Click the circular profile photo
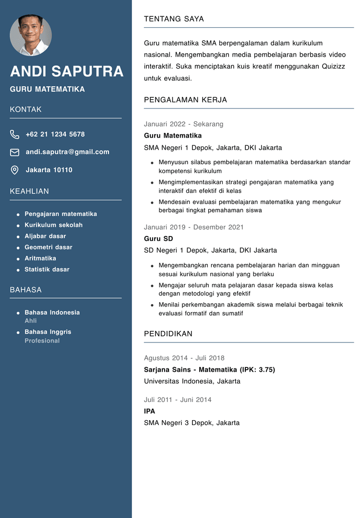[31, 35]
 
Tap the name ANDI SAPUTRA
[67, 71]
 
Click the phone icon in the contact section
[15, 134]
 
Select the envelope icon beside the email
[15, 152]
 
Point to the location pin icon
[15, 170]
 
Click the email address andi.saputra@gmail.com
[67, 152]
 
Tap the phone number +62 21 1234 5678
[55, 134]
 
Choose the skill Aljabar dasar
[45, 236]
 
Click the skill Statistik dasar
[47, 270]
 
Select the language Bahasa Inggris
[48, 332]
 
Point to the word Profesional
[42, 341]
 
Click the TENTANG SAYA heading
[174, 19]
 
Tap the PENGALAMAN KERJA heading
[185, 100]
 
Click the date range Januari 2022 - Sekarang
[183, 124]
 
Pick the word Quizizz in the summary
[333, 66]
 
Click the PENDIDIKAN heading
[168, 334]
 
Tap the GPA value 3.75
[264, 370]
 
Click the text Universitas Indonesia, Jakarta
[192, 381]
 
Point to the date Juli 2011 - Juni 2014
[178, 400]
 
